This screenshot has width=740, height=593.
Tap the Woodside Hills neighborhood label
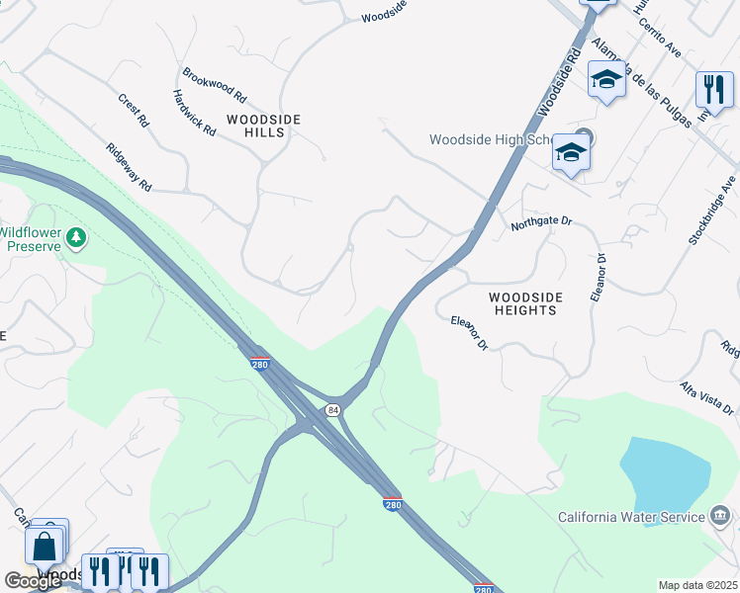(x=263, y=126)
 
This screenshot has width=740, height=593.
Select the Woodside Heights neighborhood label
(x=524, y=303)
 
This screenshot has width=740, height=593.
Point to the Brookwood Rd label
(x=214, y=85)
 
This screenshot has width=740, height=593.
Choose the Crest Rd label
(x=133, y=110)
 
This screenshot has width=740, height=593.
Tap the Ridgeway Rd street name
(x=129, y=167)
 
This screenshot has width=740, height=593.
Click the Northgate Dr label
(x=541, y=225)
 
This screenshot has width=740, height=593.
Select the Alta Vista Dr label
(x=706, y=397)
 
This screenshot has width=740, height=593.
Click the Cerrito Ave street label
(x=659, y=36)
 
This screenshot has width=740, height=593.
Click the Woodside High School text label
(x=489, y=139)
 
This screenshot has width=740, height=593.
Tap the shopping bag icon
(x=45, y=546)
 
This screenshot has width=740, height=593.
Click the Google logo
(x=33, y=581)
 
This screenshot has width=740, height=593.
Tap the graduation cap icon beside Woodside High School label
(x=570, y=152)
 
